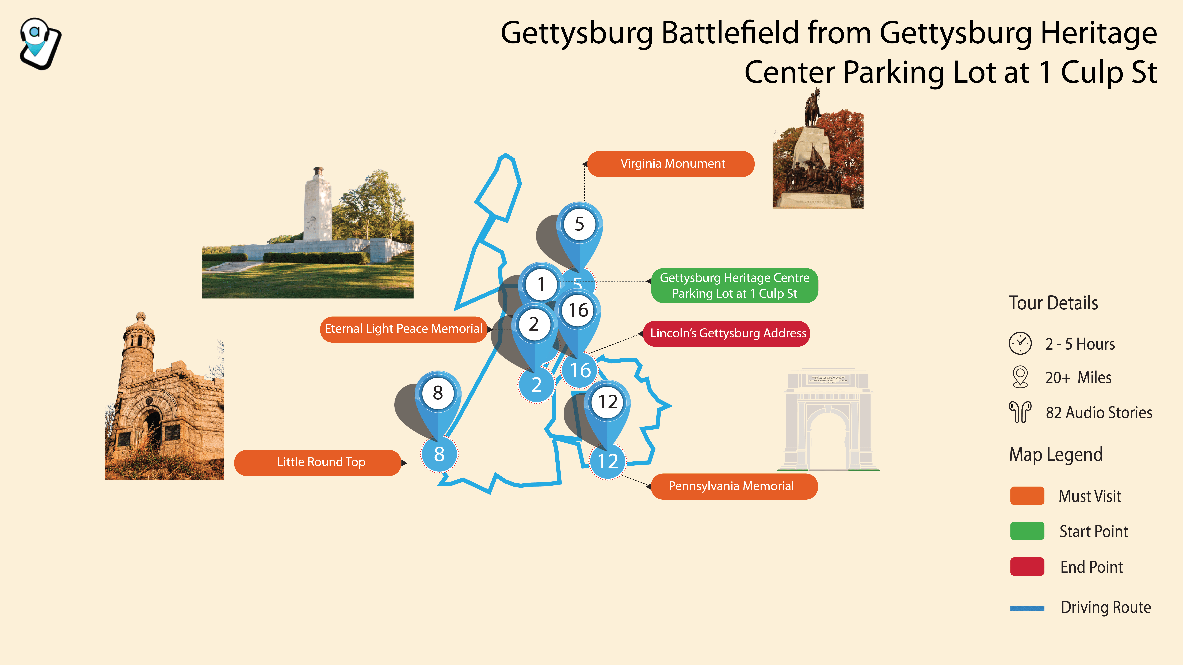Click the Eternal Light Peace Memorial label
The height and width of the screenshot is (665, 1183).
point(403,329)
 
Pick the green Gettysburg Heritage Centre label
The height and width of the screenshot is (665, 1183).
point(734,285)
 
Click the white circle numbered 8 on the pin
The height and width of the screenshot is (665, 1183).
point(438,393)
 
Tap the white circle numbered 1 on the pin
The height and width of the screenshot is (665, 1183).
point(541,284)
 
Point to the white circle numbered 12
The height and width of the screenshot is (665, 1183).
point(608,402)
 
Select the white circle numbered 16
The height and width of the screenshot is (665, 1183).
point(578,310)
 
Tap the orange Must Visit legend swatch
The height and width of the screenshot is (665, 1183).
point(1027,496)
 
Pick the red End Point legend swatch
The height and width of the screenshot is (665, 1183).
point(1027,567)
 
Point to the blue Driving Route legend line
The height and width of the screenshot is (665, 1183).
point(1027,608)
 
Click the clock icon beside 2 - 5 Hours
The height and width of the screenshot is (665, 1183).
point(1020,343)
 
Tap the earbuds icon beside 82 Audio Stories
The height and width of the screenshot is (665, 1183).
point(1020,412)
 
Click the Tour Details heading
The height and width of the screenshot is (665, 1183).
point(1053,303)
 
